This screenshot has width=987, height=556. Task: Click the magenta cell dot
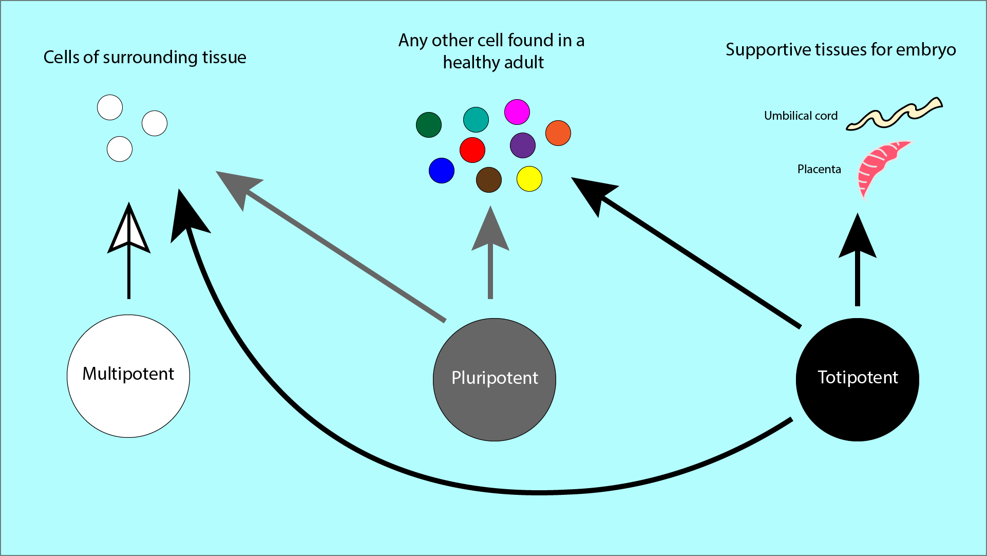point(517,112)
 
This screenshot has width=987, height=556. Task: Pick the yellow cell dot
point(529,179)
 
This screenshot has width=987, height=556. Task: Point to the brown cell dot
point(489,180)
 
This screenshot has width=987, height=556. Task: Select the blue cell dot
point(442,171)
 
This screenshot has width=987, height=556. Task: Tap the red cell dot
point(472,150)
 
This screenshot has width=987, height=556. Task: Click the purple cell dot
point(523,145)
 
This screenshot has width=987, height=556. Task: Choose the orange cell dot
point(558,133)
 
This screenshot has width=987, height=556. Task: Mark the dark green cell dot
point(429,125)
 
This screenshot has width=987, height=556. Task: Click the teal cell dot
point(476,120)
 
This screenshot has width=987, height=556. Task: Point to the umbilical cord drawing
point(894,114)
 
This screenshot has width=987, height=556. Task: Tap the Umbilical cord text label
point(801,116)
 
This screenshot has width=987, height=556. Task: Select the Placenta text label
point(819,169)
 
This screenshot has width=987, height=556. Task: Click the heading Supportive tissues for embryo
point(841,49)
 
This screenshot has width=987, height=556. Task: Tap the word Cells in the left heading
point(61,57)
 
